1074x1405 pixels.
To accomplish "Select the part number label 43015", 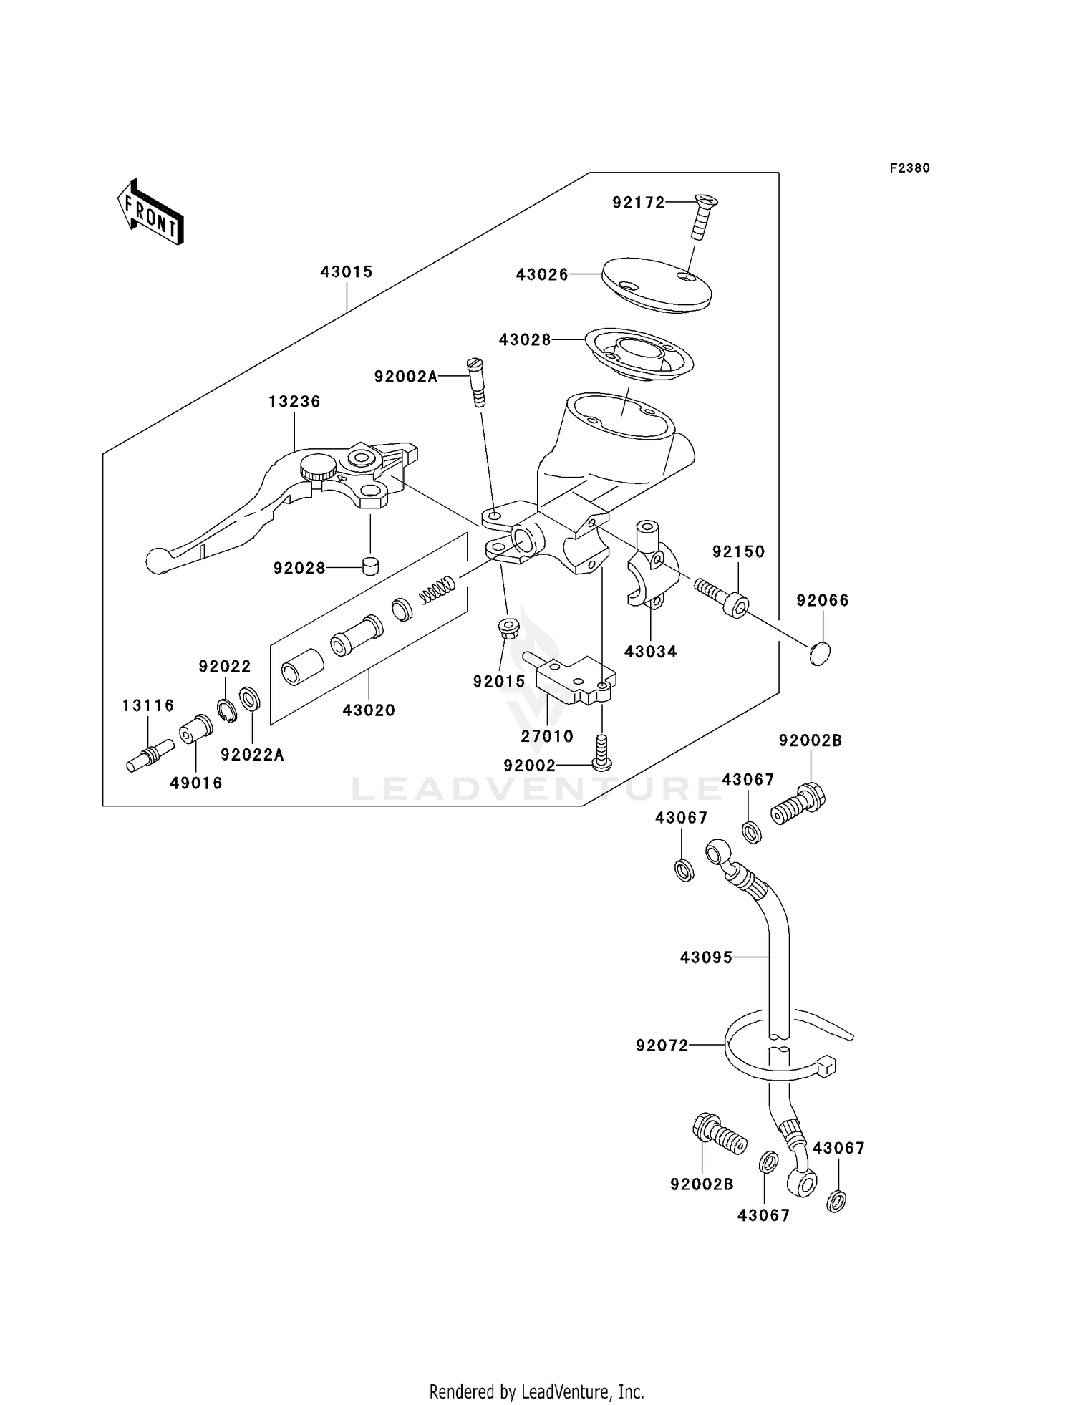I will pyautogui.click(x=347, y=272).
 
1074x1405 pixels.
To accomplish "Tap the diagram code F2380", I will pyautogui.click(x=909, y=168).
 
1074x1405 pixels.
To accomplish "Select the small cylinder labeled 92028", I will pyautogui.click(x=370, y=566).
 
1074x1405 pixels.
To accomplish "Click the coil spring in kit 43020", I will pyautogui.click(x=437, y=589).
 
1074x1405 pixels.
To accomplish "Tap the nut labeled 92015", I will pyautogui.click(x=508, y=629).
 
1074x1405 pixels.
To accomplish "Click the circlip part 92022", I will pyautogui.click(x=227, y=708).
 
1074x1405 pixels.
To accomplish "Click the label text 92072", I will pyautogui.click(x=662, y=1046).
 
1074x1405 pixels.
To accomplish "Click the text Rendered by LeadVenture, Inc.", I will pyautogui.click(x=536, y=1391).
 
